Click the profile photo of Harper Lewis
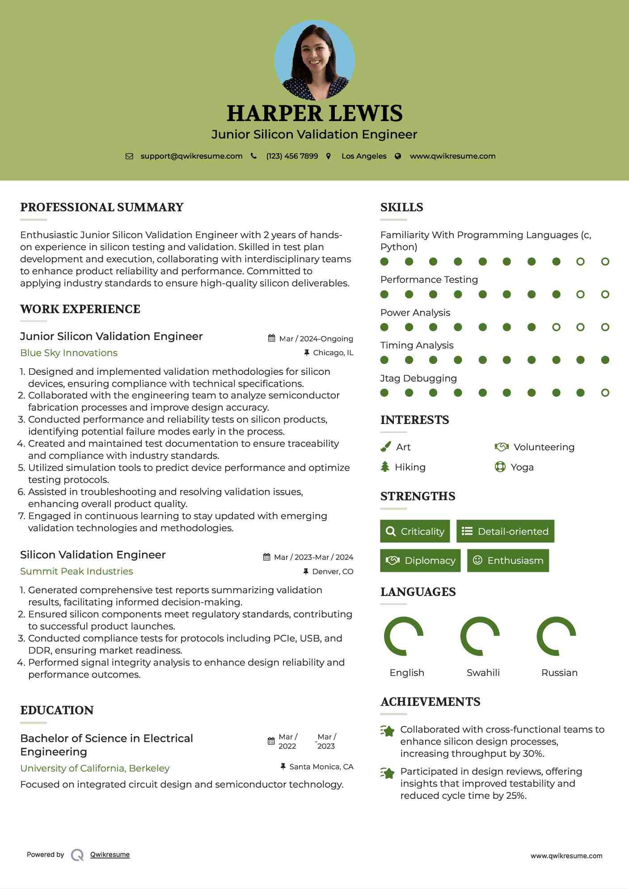pyautogui.click(x=314, y=60)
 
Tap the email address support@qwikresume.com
pyautogui.click(x=191, y=156)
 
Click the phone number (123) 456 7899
pyautogui.click(x=292, y=156)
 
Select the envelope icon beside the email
pyautogui.click(x=129, y=156)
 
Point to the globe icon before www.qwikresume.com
pyautogui.click(x=398, y=156)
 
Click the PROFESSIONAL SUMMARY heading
pyautogui.click(x=102, y=207)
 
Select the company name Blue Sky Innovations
pyautogui.click(x=69, y=353)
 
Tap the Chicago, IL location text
pyautogui.click(x=333, y=353)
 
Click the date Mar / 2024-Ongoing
pyautogui.click(x=316, y=339)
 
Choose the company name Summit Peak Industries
pyautogui.click(x=76, y=571)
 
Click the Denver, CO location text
pyautogui.click(x=333, y=571)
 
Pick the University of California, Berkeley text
pyautogui.click(x=95, y=768)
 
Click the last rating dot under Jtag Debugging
pyautogui.click(x=605, y=393)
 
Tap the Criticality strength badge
pyautogui.click(x=415, y=531)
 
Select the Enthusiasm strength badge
pyautogui.click(x=508, y=561)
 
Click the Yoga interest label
pyautogui.click(x=522, y=467)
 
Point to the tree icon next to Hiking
pyautogui.click(x=385, y=467)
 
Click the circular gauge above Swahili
pyautogui.click(x=480, y=636)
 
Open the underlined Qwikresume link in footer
pyautogui.click(x=110, y=855)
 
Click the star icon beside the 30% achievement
pyautogui.click(x=388, y=731)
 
